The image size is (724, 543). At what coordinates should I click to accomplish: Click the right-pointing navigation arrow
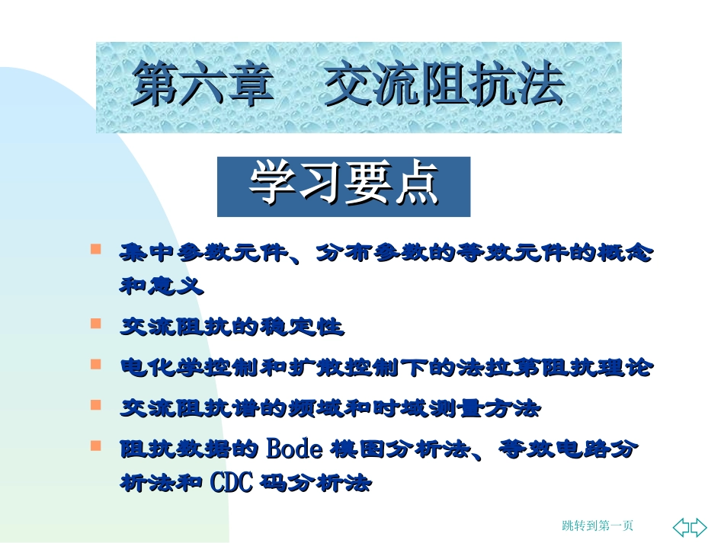point(699,526)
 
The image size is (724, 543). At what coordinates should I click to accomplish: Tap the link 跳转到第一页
point(597,525)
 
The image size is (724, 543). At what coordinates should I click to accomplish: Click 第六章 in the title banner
point(203,85)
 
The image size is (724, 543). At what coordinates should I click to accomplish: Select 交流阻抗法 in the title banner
point(444,85)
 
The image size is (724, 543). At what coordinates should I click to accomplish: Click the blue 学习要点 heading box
point(344,186)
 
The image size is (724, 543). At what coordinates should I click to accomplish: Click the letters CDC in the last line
point(232,483)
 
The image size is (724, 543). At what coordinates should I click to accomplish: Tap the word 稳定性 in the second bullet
point(316,327)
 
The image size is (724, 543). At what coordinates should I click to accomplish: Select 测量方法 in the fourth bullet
point(497,409)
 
